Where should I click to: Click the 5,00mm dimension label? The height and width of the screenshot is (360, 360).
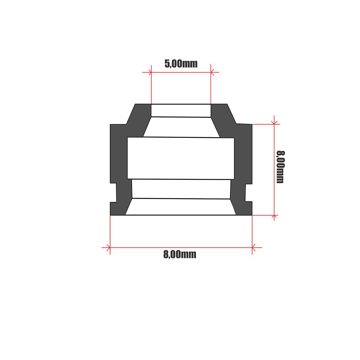tap(181, 64)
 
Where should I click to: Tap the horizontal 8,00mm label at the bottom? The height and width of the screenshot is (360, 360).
tap(180, 255)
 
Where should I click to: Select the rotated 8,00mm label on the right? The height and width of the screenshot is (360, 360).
tap(280, 167)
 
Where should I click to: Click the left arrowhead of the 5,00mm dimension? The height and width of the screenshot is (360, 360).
tap(150, 72)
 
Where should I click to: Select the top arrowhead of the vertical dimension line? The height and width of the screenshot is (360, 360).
tap(274, 123)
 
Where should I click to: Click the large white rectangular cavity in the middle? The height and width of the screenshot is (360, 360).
tap(181, 158)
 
